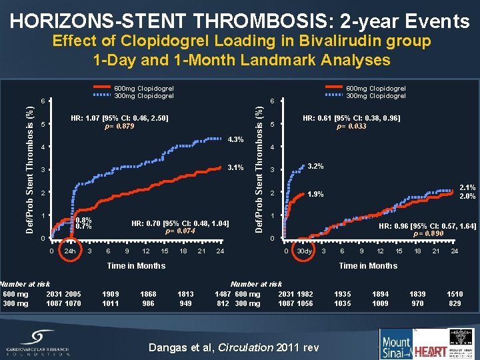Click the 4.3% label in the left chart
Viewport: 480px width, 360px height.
click(x=236, y=139)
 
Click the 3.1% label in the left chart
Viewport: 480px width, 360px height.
click(x=236, y=167)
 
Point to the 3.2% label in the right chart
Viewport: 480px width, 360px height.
click(x=315, y=166)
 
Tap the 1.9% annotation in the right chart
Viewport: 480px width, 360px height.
click(x=315, y=195)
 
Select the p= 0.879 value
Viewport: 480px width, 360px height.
click(x=120, y=127)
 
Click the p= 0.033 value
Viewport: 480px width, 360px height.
click(x=351, y=127)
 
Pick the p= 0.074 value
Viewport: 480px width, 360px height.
click(x=179, y=231)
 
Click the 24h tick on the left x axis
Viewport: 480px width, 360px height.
click(x=69, y=251)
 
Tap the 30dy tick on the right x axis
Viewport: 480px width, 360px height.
click(x=305, y=251)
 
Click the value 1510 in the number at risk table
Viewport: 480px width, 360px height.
click(x=455, y=294)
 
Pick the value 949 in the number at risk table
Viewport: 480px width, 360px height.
click(x=185, y=303)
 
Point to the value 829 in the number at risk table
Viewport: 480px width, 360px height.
click(x=455, y=303)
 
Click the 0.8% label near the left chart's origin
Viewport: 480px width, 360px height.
click(x=84, y=220)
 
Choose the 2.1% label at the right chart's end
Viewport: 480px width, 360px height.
click(x=467, y=189)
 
